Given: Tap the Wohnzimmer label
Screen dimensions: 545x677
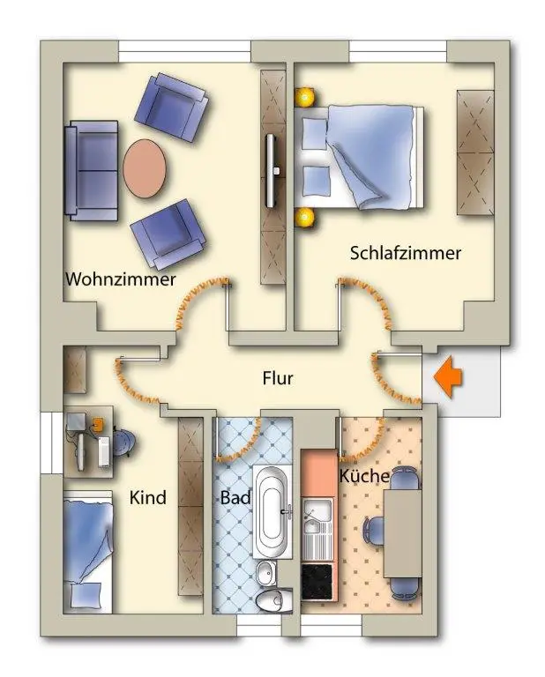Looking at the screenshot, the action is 120,279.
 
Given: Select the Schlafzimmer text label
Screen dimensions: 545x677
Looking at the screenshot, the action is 406,254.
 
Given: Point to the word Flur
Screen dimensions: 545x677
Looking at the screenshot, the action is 278,378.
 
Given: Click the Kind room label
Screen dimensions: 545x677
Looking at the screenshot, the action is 148,498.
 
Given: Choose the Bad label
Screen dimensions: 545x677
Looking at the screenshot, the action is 235,498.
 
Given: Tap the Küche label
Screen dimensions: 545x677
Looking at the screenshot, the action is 364,476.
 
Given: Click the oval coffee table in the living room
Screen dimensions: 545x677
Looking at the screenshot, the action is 145,167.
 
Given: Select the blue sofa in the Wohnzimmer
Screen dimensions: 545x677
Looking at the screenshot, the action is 91,171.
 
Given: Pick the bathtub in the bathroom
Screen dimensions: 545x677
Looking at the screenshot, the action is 274,510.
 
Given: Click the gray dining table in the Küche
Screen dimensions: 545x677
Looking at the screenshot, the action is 402,532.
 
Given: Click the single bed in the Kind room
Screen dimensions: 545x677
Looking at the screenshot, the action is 90,554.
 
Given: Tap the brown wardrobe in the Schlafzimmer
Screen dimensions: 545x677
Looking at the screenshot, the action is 474,150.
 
